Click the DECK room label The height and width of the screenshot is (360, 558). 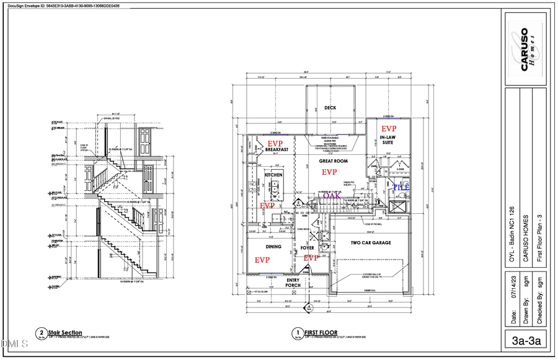coord(330,108)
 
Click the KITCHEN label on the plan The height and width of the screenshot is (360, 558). coord(273,175)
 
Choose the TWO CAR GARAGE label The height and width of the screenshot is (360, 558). coord(371,243)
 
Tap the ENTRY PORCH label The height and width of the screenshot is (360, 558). coord(293,283)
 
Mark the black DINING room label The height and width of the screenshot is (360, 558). coord(273,247)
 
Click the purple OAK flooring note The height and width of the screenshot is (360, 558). coord(331,196)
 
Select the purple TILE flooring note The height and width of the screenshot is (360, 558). coord(402,187)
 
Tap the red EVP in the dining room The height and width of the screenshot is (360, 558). coord(262,260)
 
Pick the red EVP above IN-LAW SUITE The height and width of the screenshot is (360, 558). coord(389,128)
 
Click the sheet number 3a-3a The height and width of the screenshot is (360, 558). coord(526,341)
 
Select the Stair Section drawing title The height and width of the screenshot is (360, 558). coord(65,333)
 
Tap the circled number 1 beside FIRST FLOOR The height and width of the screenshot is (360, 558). coord(299,333)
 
